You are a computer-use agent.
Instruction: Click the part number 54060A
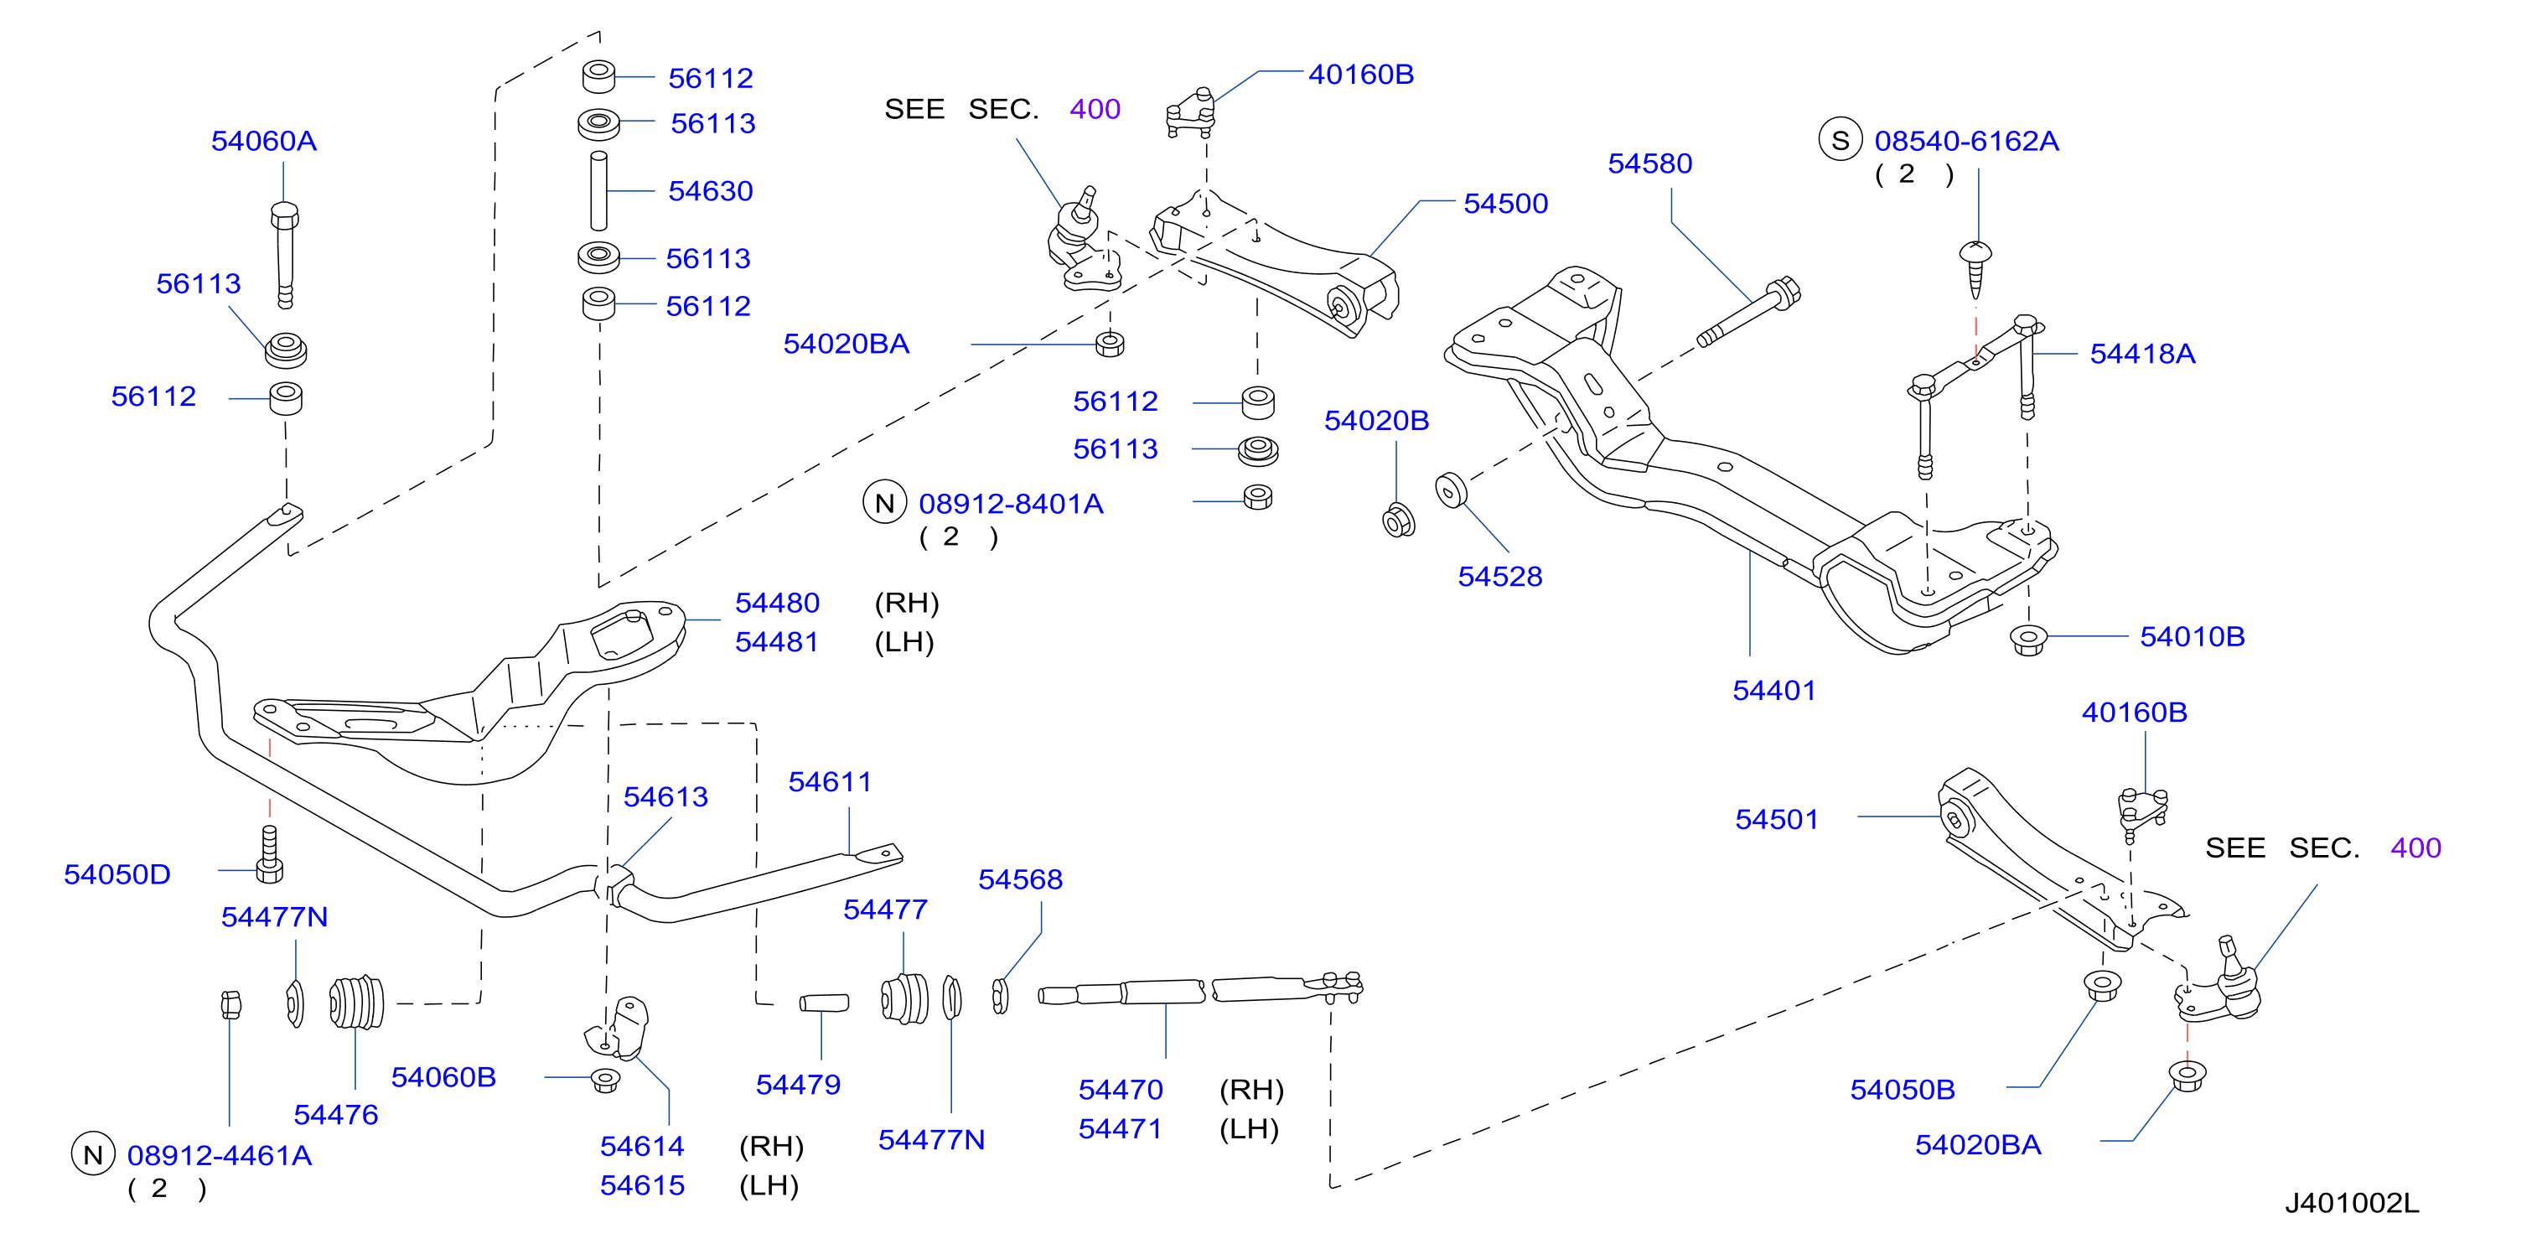tap(264, 141)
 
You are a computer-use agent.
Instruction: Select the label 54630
tap(710, 191)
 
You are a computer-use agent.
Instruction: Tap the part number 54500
tap(1505, 204)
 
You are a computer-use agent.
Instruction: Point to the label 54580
tap(1649, 163)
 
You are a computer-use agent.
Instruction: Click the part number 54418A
tap(2142, 354)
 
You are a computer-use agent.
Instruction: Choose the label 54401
tap(1773, 691)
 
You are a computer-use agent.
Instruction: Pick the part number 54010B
tap(2193, 636)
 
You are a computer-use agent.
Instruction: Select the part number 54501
tap(1777, 820)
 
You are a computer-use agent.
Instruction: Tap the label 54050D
tap(117, 874)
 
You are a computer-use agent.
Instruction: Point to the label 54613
tap(665, 797)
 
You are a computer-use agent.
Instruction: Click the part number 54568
tap(1020, 879)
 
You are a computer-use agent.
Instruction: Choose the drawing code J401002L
tap(2351, 1203)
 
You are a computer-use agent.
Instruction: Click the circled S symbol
tap(1840, 141)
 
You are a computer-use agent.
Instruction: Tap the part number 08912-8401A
tap(1011, 505)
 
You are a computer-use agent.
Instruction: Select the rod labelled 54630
tap(598, 190)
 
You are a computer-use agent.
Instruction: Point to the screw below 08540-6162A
tap(1975, 268)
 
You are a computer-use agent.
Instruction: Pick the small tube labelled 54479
tap(825, 1003)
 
